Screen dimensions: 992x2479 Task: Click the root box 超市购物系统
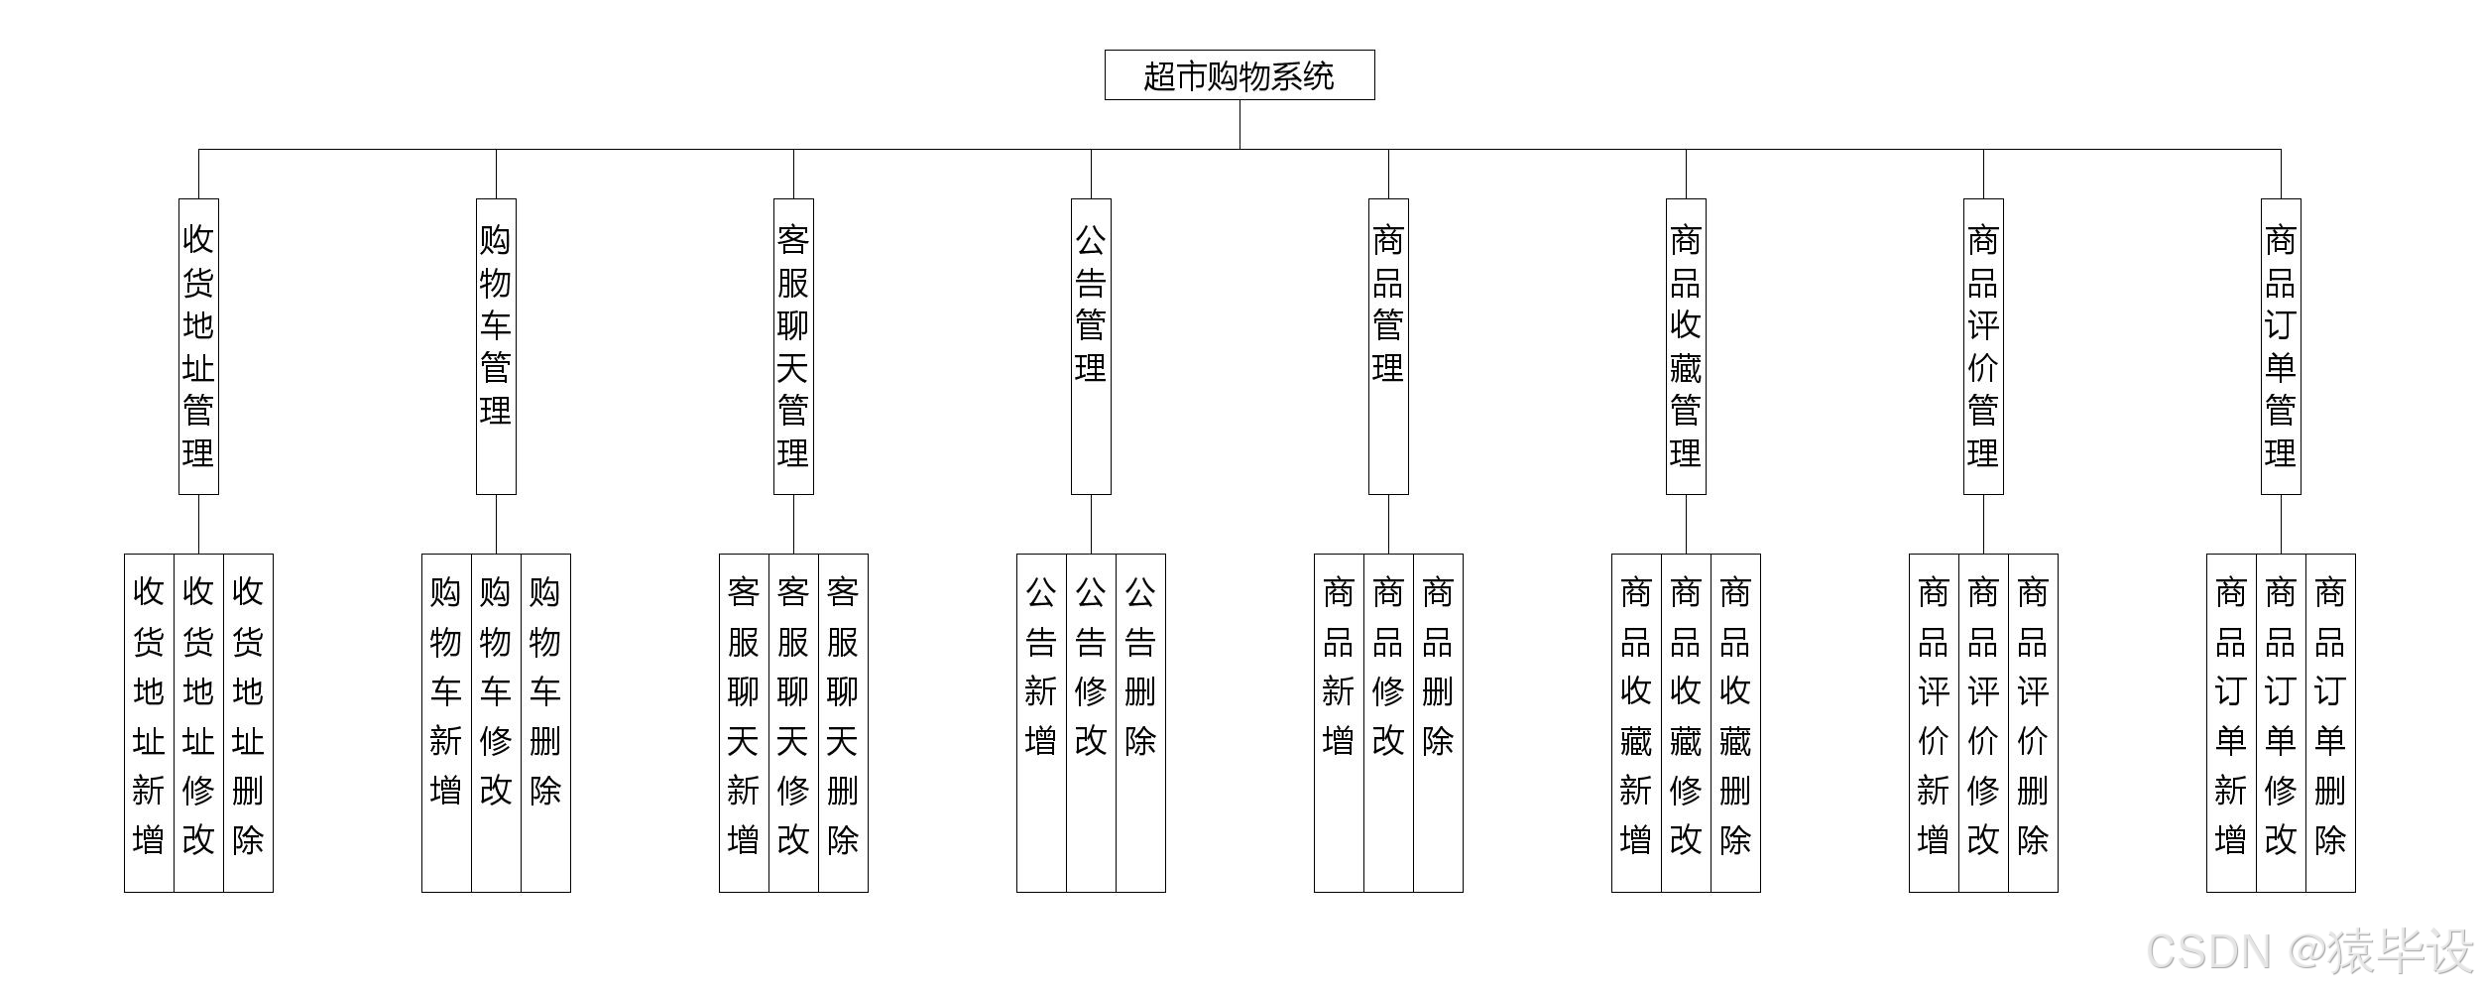pos(1239,75)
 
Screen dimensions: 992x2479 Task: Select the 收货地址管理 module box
pos(198,346)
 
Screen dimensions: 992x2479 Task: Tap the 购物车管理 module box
pos(496,346)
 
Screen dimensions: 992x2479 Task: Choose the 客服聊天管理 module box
pos(793,346)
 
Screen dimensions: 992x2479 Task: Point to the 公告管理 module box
pos(1091,346)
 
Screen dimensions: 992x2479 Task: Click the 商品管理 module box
pos(1388,346)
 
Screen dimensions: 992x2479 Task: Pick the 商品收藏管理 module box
pos(1686,346)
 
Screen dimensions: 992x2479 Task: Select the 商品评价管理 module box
pos(1983,346)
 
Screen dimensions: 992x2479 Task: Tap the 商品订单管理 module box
pos(2281,346)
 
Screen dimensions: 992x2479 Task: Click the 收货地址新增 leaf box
pos(149,722)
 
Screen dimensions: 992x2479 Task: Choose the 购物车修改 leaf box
pos(496,722)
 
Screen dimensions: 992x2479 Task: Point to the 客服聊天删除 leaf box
pos(843,722)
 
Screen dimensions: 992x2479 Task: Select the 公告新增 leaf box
pos(1041,722)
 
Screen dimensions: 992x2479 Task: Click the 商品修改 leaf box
pos(1388,722)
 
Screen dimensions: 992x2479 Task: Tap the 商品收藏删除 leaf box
pos(1735,722)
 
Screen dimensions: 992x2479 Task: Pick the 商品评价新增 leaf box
pos(1934,722)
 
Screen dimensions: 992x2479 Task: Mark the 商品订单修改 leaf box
pos(2281,722)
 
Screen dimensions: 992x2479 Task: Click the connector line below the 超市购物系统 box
pos(1239,124)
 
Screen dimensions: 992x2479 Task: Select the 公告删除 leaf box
pos(1140,722)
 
